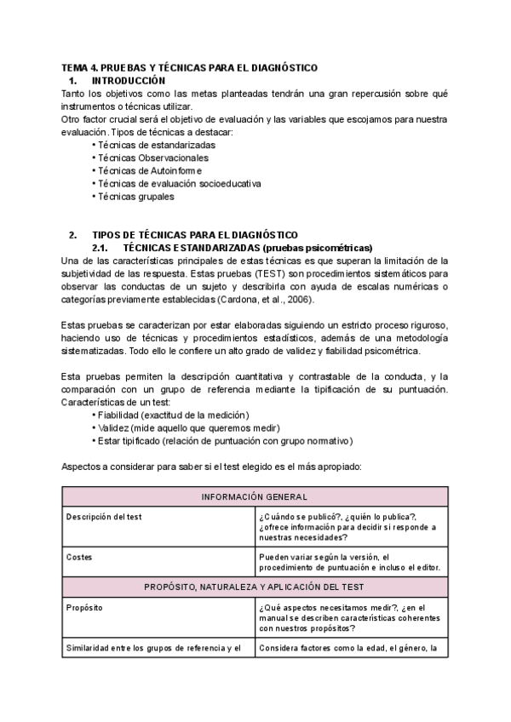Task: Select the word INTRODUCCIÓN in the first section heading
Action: (x=127, y=80)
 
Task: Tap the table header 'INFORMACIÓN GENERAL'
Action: (x=254, y=496)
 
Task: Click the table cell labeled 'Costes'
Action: (x=80, y=557)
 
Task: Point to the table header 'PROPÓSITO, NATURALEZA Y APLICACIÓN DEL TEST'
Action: (x=254, y=587)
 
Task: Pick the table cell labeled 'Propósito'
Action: (x=86, y=608)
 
